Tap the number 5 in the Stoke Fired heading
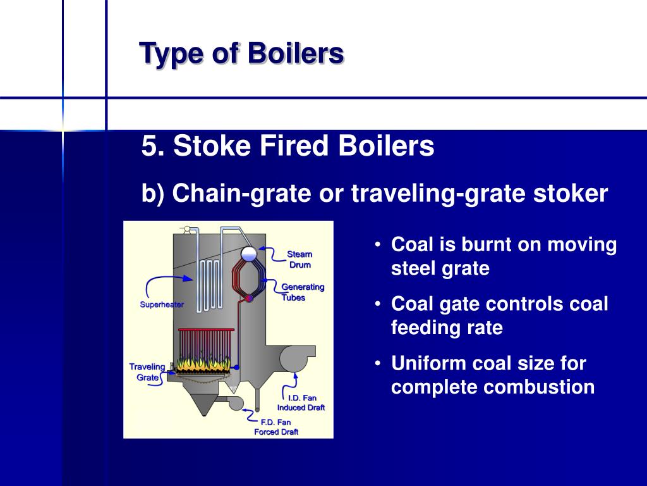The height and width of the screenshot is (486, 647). [148, 147]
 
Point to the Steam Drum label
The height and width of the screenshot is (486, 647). [299, 259]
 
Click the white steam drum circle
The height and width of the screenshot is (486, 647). [249, 253]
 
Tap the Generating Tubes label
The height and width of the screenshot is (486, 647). [302, 292]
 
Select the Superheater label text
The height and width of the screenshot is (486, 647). [162, 304]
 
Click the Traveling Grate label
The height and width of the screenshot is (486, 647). [146, 372]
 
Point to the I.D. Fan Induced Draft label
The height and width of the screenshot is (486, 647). [301, 402]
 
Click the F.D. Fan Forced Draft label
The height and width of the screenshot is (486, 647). [276, 427]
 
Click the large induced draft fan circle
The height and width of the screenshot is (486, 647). [293, 360]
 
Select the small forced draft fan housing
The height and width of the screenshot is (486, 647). [236, 402]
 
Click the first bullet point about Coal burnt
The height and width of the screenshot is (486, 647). [504, 256]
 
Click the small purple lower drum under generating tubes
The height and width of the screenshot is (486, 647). [249, 297]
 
